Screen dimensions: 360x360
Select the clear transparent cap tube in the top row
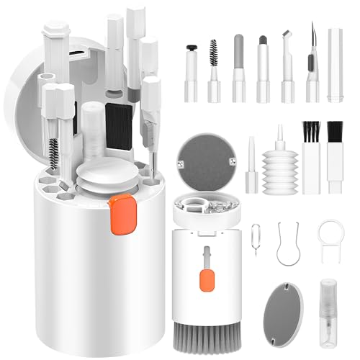(335, 61)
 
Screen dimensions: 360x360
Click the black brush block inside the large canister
(119, 122)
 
